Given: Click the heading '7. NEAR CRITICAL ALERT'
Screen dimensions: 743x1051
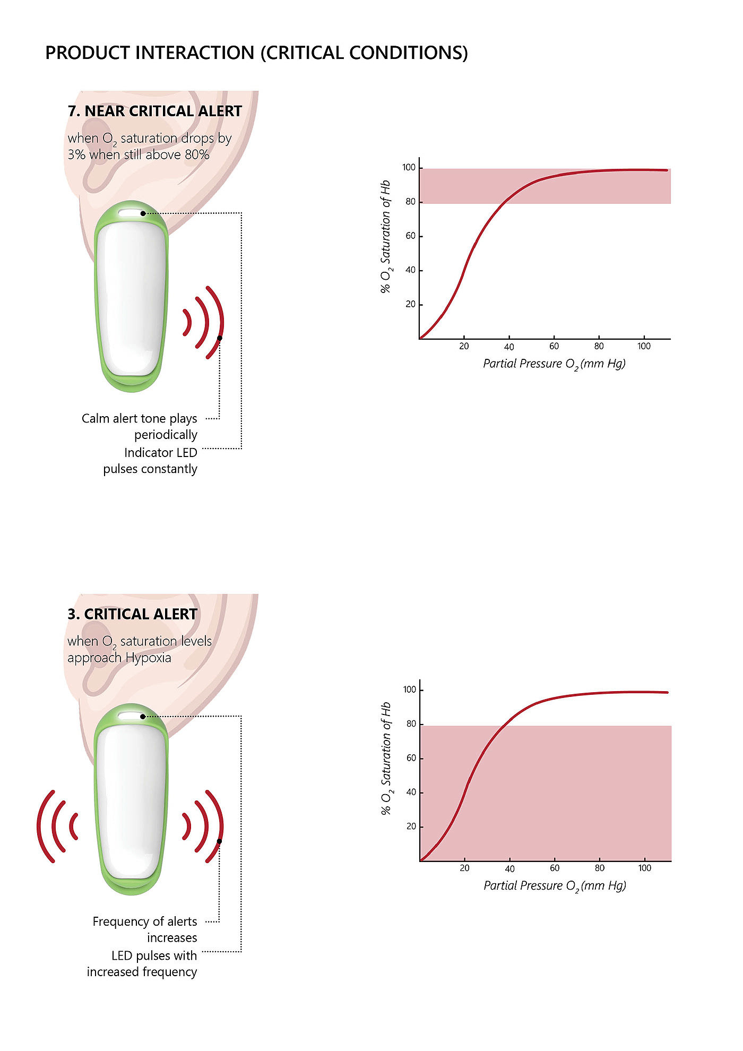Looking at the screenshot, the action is [154, 111].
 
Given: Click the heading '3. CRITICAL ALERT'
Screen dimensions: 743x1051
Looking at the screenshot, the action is [132, 614].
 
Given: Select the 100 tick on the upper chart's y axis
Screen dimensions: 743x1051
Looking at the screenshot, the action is [409, 168].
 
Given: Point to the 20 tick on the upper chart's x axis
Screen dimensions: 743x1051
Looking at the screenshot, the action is [464, 347].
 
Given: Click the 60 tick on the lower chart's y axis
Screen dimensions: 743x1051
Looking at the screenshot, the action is [411, 758].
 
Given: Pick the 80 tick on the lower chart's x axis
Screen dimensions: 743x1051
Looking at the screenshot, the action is [599, 868].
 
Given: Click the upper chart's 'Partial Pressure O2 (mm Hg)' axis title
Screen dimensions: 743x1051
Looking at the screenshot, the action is [554, 364].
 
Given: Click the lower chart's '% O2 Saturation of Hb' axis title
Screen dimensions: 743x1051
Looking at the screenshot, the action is [386, 759].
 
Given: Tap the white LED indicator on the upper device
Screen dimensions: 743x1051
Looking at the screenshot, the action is [129, 213].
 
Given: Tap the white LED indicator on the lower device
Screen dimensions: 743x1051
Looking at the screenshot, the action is [129, 716].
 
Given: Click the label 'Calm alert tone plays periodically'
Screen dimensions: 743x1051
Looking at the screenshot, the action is [140, 426].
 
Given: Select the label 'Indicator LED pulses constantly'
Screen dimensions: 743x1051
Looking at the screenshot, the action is [151, 461].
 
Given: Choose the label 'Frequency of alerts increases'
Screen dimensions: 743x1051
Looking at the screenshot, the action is [145, 929].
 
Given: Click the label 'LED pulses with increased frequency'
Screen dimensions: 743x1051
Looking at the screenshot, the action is [142, 963].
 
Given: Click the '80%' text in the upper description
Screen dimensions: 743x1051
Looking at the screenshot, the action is [197, 155].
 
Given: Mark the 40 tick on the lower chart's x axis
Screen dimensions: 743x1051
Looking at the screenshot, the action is [509, 869].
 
